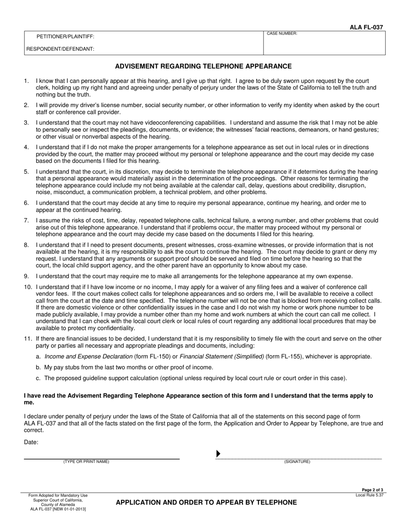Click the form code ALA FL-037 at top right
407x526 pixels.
coord(367,27)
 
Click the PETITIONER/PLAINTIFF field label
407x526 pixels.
coord(65,37)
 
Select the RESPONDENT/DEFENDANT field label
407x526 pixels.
coord(60,49)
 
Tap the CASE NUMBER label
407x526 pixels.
coord(282,33)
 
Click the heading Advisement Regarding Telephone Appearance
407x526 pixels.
coord(203,66)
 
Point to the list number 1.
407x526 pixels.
coord(26,81)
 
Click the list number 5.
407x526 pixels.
coord(26,172)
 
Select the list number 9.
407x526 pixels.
coord(26,276)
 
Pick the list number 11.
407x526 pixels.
coord(27,339)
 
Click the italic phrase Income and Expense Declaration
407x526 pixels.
coord(89,356)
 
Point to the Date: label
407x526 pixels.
coord(31,443)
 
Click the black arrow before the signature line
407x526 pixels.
coord(218,454)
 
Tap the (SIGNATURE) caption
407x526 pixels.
coord(297,462)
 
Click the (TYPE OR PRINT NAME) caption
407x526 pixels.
coord(86,462)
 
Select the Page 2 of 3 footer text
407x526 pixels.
coord(373,490)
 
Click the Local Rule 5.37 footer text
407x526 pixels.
coord(369,495)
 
